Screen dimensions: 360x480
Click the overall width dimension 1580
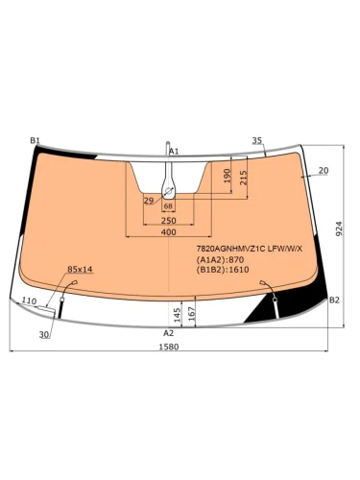pyautogui.click(x=169, y=347)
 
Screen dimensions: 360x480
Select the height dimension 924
pyautogui.click(x=340, y=228)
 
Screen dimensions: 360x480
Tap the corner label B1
pyautogui.click(x=35, y=140)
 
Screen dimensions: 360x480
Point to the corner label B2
pyautogui.click(x=334, y=300)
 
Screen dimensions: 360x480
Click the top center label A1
pyautogui.click(x=174, y=151)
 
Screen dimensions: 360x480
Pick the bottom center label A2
pyautogui.click(x=169, y=333)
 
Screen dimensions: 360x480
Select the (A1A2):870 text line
pyautogui.click(x=220, y=259)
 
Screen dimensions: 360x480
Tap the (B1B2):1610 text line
pyautogui.click(x=223, y=270)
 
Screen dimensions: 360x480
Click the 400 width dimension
pyautogui.click(x=169, y=231)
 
